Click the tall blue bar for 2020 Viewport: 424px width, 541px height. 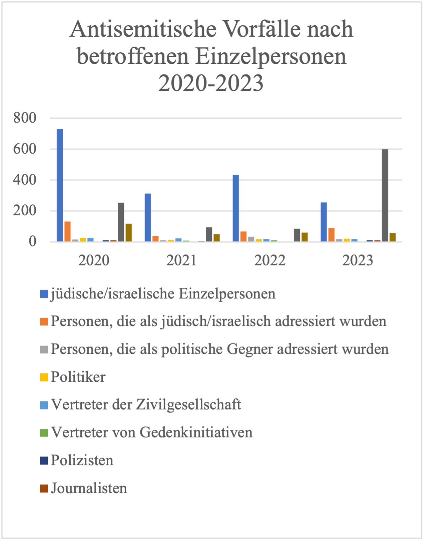coord(60,185)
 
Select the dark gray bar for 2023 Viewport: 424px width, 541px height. coord(385,195)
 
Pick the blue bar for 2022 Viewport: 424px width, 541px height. coord(236,208)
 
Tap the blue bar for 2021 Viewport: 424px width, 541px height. coord(148,217)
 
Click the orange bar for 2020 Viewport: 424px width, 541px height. coord(67,232)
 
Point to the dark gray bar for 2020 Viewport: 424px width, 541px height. coord(121,222)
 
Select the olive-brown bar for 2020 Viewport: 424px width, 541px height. coord(128,233)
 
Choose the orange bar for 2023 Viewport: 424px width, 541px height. coord(331,235)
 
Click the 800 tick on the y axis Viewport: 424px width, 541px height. coord(25,118)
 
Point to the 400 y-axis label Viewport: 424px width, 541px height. coord(25,180)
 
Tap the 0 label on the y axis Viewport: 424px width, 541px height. coord(32,241)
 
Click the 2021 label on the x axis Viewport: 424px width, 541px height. coord(181,261)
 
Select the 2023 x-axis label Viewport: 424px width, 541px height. coord(357,261)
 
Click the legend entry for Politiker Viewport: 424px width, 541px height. coord(78,377)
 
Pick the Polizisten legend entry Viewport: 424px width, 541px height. coord(82,460)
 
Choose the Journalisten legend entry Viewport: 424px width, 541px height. coord(89,488)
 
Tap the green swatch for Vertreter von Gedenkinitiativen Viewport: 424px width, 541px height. coord(44,433)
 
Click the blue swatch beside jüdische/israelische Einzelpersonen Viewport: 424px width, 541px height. coord(44,294)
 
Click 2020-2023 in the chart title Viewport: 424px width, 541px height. coord(211,83)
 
